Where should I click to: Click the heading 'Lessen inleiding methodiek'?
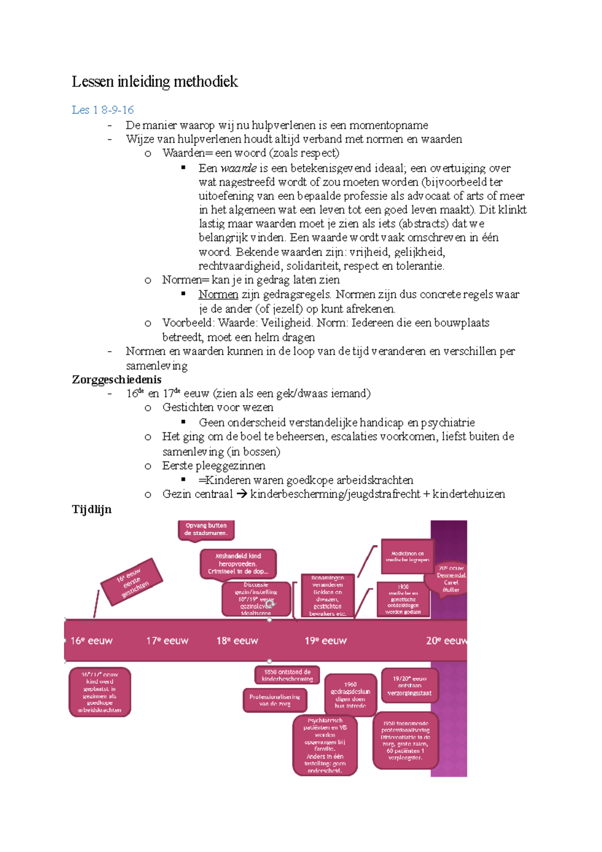click(x=155, y=81)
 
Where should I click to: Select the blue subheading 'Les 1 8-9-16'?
click(x=102, y=110)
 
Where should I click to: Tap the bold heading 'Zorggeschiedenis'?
click(x=116, y=380)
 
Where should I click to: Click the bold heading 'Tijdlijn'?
click(x=91, y=509)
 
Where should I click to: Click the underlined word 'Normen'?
click(x=218, y=295)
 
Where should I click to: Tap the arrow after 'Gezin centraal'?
click(x=241, y=494)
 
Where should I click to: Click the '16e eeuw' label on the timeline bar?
click(x=91, y=641)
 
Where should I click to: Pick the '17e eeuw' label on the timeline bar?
click(x=167, y=641)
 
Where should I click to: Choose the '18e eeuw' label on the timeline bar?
click(x=237, y=641)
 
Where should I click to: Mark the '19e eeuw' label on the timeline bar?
click(x=326, y=641)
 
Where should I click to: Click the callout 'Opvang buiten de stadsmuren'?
click(x=206, y=529)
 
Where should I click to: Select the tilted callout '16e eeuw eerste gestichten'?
click(x=132, y=582)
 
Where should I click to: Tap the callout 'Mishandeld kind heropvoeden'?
click(x=238, y=563)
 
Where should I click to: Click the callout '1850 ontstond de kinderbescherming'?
click(x=287, y=675)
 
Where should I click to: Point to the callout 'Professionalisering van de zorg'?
click(x=274, y=700)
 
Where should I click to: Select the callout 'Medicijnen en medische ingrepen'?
click(x=407, y=556)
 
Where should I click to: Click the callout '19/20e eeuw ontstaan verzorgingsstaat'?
click(x=409, y=685)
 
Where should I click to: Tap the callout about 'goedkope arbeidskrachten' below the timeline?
click(x=100, y=692)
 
